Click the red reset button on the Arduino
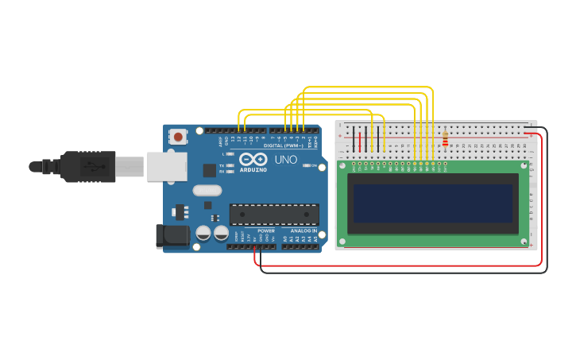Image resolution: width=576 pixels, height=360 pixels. (x=178, y=137)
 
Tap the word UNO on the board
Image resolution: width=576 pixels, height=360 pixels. (x=286, y=161)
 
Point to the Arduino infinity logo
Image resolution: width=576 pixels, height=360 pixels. (x=253, y=159)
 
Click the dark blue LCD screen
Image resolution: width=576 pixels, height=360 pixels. (x=433, y=203)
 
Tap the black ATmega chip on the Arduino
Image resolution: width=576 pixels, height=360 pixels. (x=274, y=214)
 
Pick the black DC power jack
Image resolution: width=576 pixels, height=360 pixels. (x=172, y=235)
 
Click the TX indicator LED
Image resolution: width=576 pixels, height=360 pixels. (x=230, y=165)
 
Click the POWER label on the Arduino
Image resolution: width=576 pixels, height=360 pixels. (x=265, y=231)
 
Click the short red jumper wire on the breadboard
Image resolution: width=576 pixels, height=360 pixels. (x=360, y=141)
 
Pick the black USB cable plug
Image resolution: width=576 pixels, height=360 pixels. (x=87, y=167)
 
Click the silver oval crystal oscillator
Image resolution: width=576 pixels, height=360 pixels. (x=207, y=190)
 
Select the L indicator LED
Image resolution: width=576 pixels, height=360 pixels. (x=230, y=153)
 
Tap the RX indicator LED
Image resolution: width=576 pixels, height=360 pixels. (x=230, y=171)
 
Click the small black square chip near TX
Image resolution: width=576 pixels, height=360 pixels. (x=210, y=169)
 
